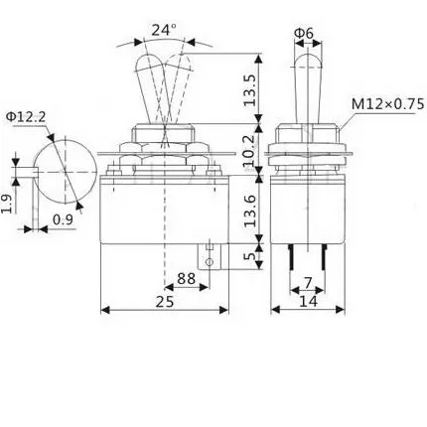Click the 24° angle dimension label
click(x=164, y=30)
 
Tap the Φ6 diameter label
click(x=304, y=33)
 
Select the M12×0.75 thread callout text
click(x=387, y=104)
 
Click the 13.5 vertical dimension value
click(x=249, y=89)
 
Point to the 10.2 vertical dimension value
click(x=249, y=150)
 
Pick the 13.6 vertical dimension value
click(x=249, y=211)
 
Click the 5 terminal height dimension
click(x=250, y=255)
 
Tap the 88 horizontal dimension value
click(x=187, y=279)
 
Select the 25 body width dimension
click(x=165, y=302)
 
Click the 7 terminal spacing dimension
click(x=308, y=283)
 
